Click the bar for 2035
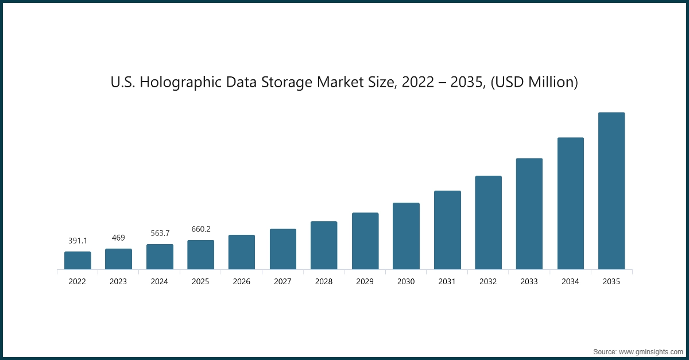click(611, 191)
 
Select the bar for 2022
click(78, 260)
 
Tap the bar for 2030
click(406, 236)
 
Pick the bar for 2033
click(529, 214)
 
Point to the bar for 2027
click(283, 249)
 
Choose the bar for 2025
click(200, 254)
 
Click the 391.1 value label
click(78, 241)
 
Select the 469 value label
click(118, 238)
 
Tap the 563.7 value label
click(160, 233)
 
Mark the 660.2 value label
click(200, 229)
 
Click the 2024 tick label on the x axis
click(160, 282)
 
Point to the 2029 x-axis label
click(365, 282)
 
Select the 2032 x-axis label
click(488, 282)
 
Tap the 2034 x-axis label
click(570, 282)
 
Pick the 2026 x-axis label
click(242, 282)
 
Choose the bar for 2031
click(447, 230)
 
